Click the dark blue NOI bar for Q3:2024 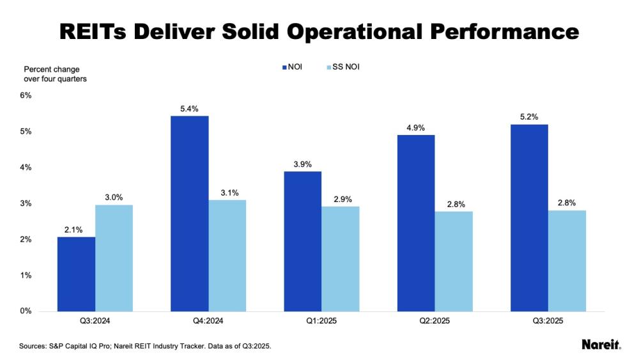pyautogui.click(x=76, y=274)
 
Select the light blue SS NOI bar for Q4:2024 pyautogui.click(x=227, y=256)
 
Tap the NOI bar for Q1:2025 pyautogui.click(x=302, y=242)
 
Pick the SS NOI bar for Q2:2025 pyautogui.click(x=453, y=262)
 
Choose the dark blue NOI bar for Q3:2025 pyautogui.click(x=528, y=218)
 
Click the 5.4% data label pyautogui.click(x=190, y=107)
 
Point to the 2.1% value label pyautogui.click(x=76, y=228)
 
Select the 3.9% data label pyautogui.click(x=302, y=164)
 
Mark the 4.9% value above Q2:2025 pyautogui.click(x=415, y=127)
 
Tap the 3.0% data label pyautogui.click(x=114, y=196)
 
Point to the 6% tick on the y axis pyautogui.click(x=26, y=95)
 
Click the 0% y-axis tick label pyautogui.click(x=26, y=311)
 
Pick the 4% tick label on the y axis pyautogui.click(x=26, y=168)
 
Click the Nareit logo pyautogui.click(x=601, y=345)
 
